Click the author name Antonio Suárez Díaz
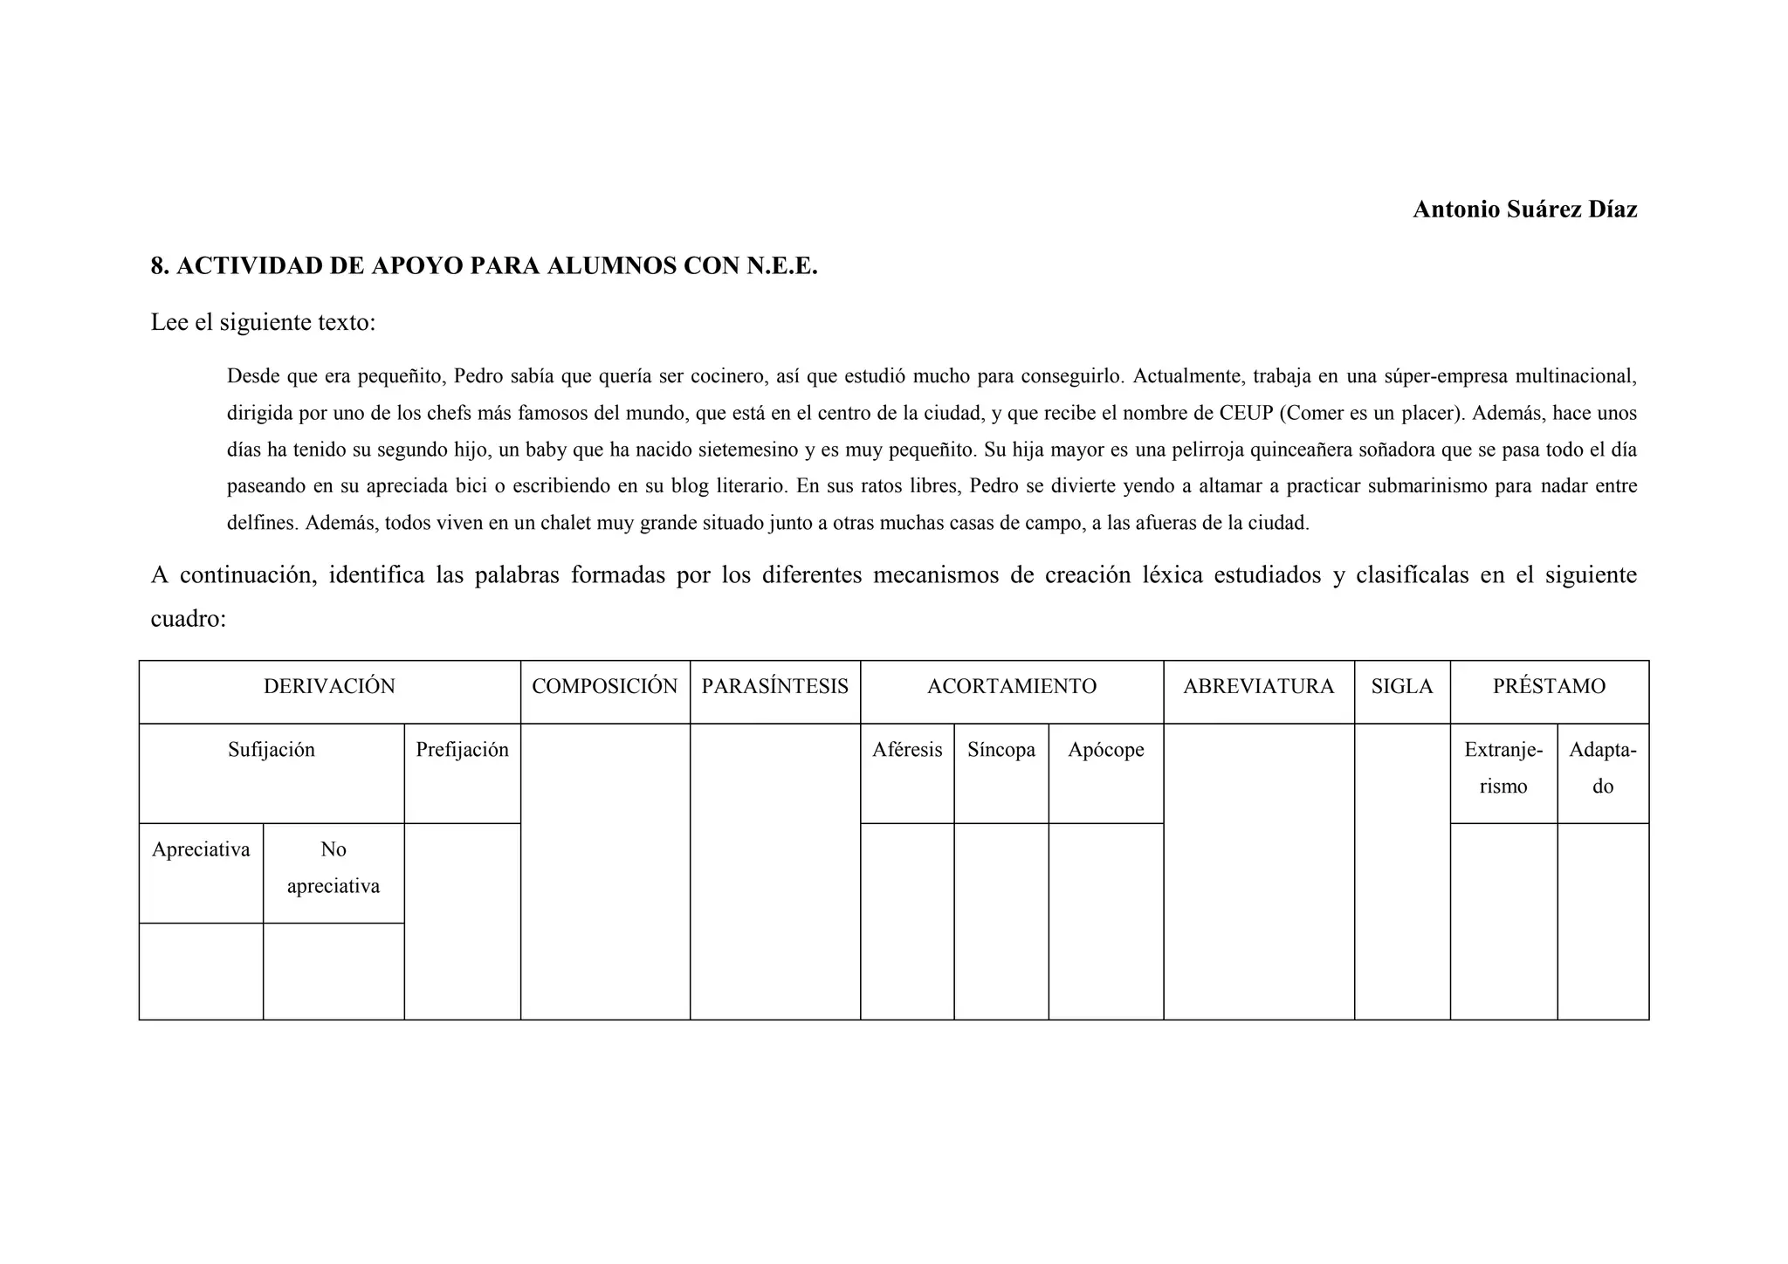coord(1524,210)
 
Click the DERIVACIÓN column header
coord(329,687)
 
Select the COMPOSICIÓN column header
coord(604,687)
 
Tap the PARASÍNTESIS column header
coord(774,687)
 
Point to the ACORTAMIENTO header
coord(1011,687)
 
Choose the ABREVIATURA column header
coord(1258,687)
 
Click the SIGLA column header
coord(1401,687)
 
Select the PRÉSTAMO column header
coord(1549,687)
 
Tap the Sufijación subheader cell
coord(271,750)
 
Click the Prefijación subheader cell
coord(462,750)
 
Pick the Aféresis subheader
coord(906,750)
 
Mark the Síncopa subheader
coord(1001,750)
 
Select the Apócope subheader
coord(1105,750)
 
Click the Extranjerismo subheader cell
coord(1503,768)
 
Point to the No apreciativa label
coord(333,868)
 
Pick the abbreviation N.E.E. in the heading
coord(781,266)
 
